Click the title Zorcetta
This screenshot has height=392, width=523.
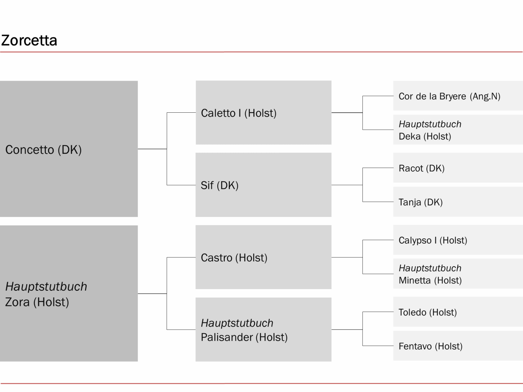click(29, 40)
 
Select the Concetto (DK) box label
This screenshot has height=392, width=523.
click(43, 150)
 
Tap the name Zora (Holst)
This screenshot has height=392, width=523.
click(37, 302)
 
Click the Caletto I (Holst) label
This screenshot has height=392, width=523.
click(239, 113)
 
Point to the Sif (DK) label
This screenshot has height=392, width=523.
click(219, 186)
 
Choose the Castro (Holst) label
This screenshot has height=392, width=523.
click(234, 258)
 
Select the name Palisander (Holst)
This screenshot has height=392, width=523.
click(244, 337)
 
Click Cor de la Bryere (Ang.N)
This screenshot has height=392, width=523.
click(449, 96)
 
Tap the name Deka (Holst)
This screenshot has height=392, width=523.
click(425, 136)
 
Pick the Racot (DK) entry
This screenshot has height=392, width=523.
click(421, 168)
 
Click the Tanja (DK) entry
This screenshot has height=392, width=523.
click(421, 202)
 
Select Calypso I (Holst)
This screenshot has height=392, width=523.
click(433, 240)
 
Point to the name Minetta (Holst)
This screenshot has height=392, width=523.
click(430, 280)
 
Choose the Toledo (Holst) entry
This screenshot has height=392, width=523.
click(428, 312)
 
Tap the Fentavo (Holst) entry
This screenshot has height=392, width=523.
click(430, 346)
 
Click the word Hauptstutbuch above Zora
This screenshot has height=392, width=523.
click(46, 286)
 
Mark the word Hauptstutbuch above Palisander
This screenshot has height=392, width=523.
click(237, 323)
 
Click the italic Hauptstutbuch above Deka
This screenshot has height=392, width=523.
click(430, 124)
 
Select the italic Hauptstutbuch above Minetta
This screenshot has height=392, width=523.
click(430, 268)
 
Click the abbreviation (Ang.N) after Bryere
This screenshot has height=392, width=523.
click(485, 96)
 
